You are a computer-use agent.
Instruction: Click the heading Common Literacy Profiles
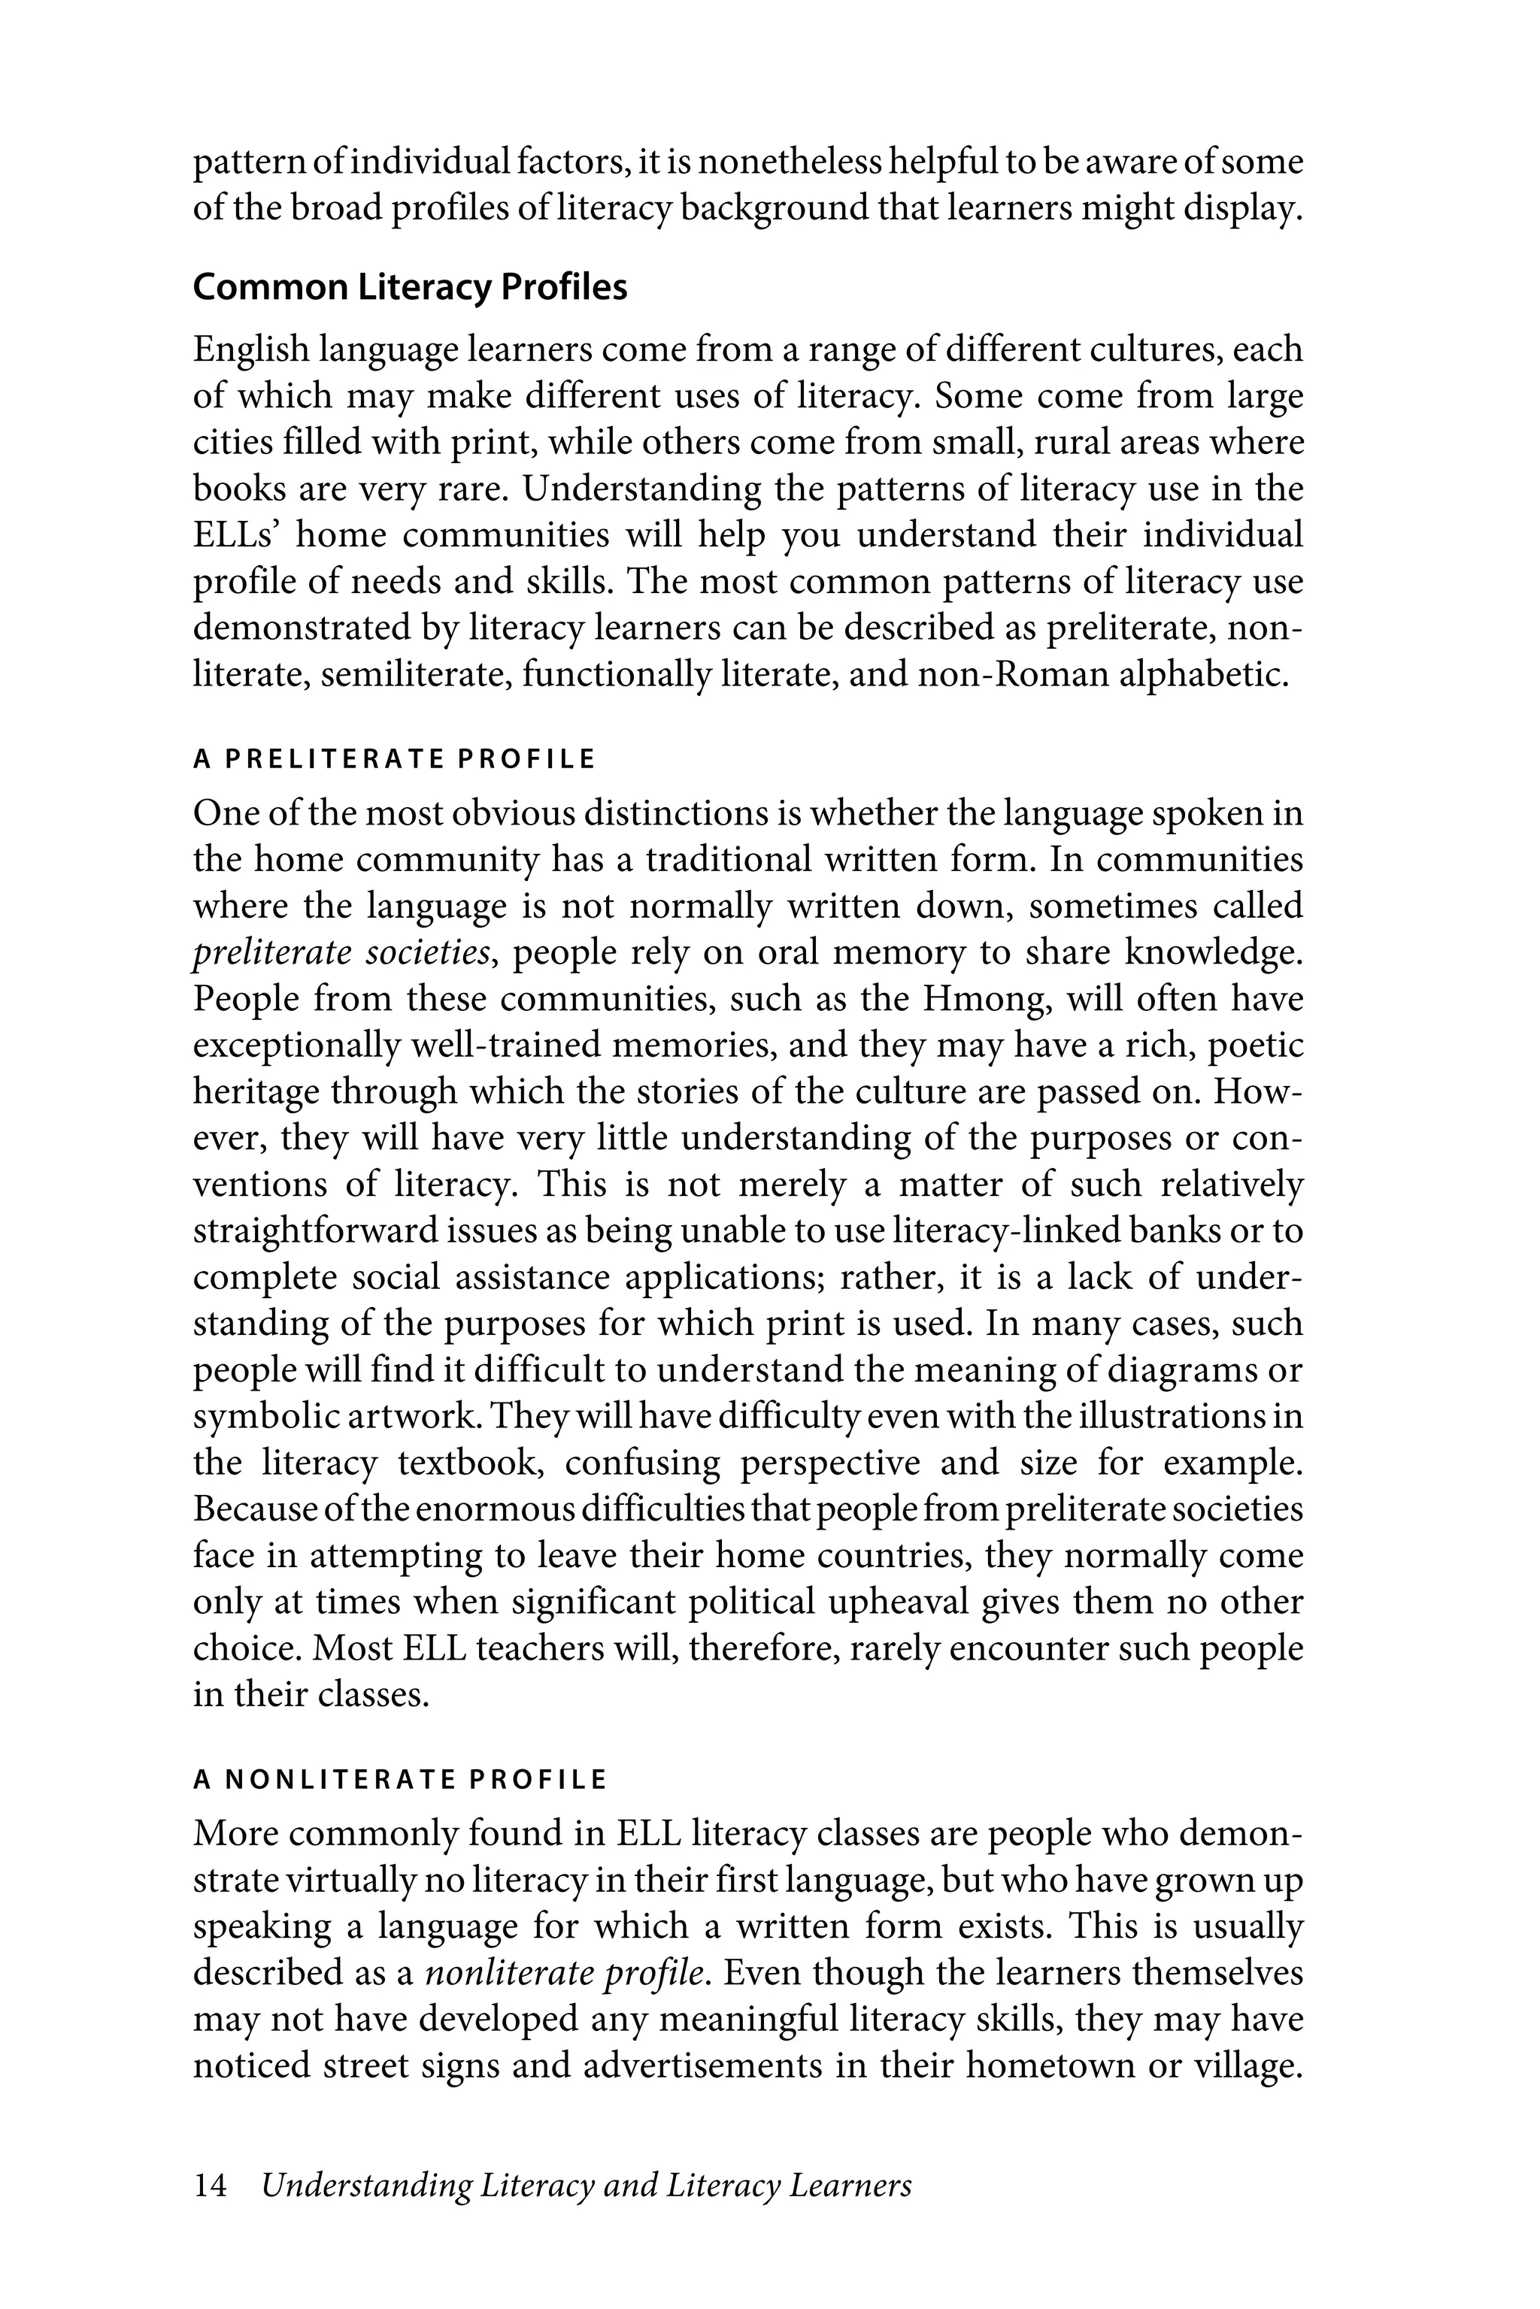410,288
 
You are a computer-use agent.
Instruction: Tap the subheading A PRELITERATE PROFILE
394,760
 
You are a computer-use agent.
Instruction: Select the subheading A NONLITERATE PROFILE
400,1780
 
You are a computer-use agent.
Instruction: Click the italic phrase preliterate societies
340,953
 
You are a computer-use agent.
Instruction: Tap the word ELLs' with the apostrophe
235,536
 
